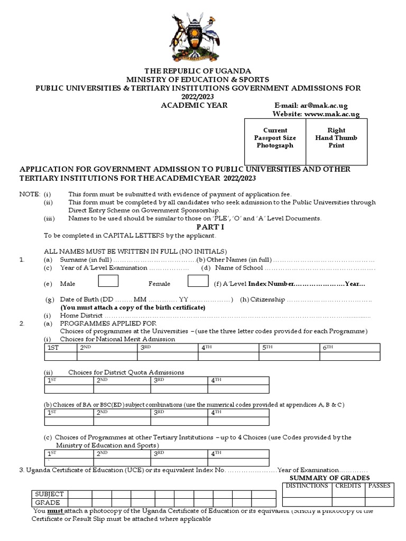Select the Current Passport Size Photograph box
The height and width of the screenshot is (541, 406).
pyautogui.click(x=275, y=138)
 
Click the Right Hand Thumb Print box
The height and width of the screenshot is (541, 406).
pyautogui.click(x=336, y=138)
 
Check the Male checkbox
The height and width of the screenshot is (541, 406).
pyautogui.click(x=108, y=283)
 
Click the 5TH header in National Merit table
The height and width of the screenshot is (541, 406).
pyautogui.click(x=267, y=348)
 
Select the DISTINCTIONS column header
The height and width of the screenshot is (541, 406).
pyautogui.click(x=307, y=486)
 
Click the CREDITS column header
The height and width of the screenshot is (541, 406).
pyautogui.click(x=348, y=486)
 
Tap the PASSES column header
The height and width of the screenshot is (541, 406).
pyautogui.click(x=379, y=486)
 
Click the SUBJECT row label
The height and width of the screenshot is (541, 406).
pyautogui.click(x=48, y=495)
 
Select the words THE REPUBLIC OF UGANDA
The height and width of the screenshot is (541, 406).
pyautogui.click(x=199, y=71)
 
